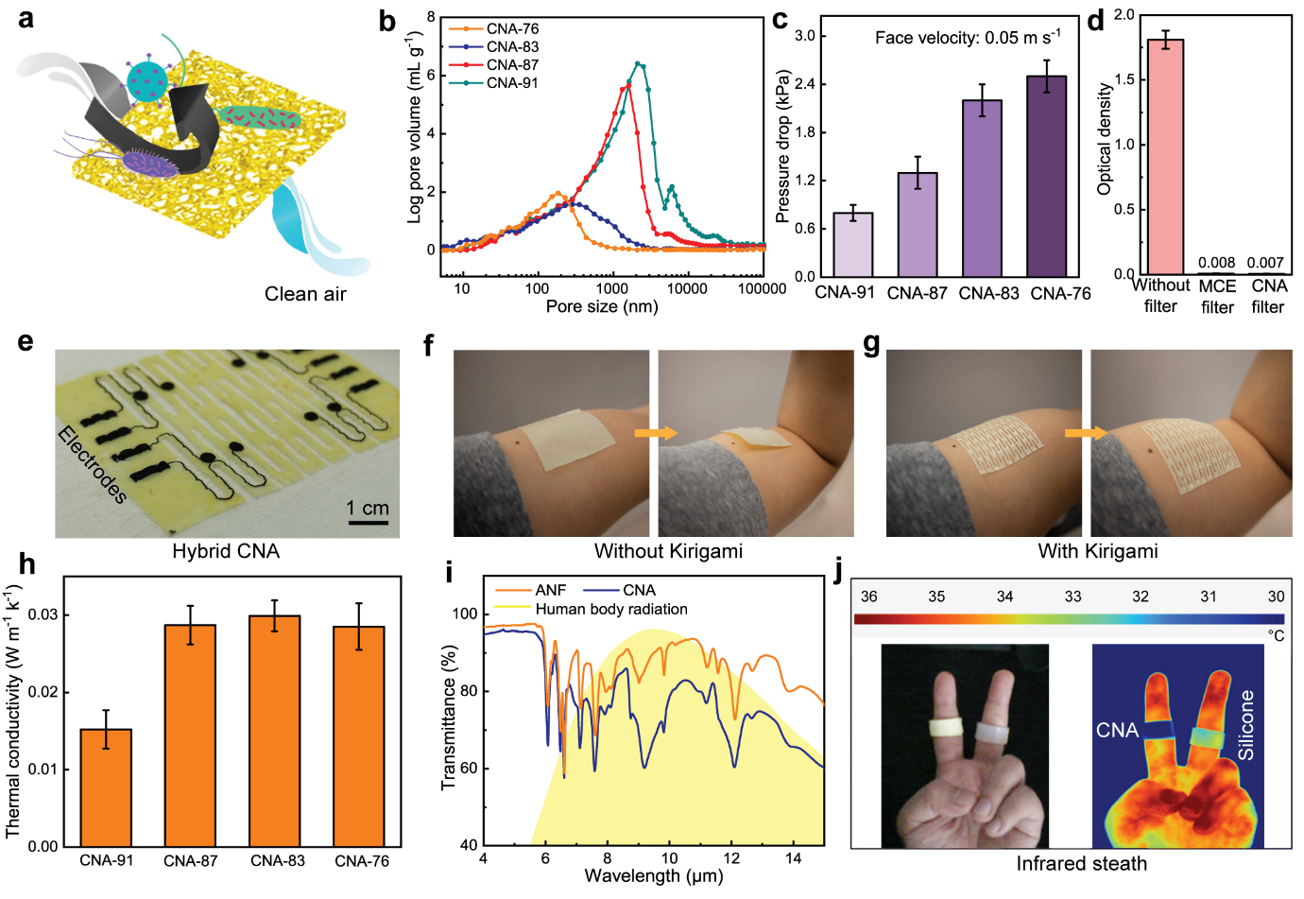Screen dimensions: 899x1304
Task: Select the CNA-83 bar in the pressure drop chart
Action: point(982,188)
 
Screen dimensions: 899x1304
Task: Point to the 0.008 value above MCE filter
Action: point(1216,263)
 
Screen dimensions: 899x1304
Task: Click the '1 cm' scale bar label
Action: point(368,508)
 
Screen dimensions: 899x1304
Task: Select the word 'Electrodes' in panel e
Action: point(92,464)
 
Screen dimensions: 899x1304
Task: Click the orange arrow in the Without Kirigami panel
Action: point(656,433)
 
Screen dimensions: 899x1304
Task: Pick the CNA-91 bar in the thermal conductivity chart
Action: point(106,787)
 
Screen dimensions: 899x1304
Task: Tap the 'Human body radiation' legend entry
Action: point(610,610)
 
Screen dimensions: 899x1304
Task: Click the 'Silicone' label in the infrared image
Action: point(1246,725)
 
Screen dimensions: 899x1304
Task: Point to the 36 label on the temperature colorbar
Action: point(868,596)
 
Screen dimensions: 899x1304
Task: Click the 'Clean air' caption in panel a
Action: point(305,294)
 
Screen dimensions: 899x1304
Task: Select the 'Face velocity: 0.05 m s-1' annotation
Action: point(967,38)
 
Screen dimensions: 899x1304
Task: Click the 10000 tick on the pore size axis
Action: point(686,288)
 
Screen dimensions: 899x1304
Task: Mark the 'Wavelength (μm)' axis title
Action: point(653,875)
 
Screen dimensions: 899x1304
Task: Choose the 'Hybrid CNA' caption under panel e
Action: point(226,551)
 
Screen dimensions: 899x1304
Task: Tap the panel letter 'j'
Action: point(838,573)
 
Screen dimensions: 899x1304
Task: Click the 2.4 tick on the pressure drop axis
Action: point(805,84)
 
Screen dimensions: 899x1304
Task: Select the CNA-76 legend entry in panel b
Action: point(512,29)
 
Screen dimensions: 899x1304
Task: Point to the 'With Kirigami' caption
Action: point(1097,551)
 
